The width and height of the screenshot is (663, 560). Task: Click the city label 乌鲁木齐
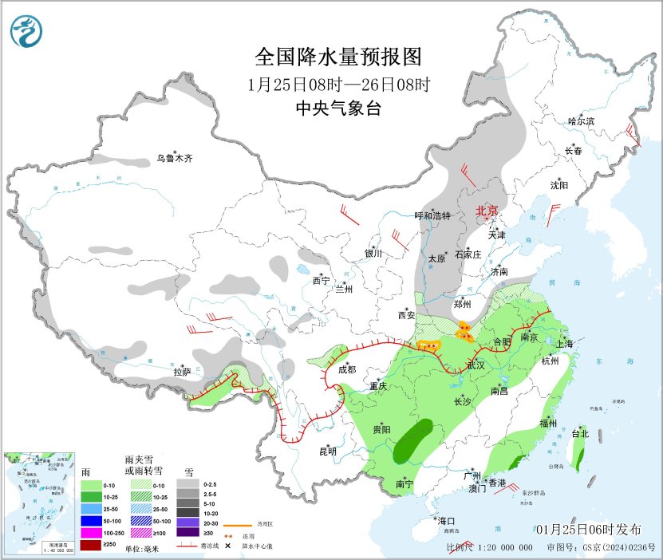174,158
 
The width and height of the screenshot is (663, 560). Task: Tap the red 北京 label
487,211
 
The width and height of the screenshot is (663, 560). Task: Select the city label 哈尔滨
582,121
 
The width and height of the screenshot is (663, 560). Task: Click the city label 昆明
328,451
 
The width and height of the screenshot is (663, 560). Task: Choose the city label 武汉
476,365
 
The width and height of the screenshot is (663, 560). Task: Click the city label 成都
346,369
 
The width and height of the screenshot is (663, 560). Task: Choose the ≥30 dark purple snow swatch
188,532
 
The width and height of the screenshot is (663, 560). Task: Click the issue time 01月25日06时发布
588,530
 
